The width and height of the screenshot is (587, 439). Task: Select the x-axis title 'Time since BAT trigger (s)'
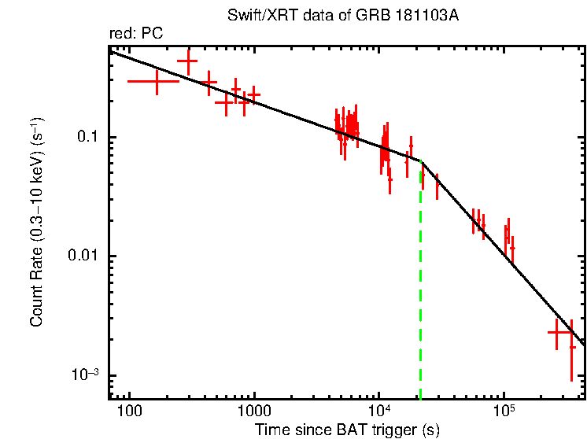click(x=346, y=430)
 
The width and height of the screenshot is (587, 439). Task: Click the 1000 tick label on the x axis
click(x=254, y=411)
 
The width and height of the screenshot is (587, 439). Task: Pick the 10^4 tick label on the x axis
click(x=380, y=410)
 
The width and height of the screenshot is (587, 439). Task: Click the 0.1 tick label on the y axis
click(x=86, y=138)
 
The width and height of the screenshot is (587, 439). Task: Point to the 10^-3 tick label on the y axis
click(x=82, y=374)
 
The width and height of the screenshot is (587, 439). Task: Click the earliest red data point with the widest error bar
click(x=154, y=81)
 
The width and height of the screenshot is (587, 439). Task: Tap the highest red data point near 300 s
click(x=188, y=61)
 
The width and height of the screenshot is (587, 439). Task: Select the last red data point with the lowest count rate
click(x=572, y=347)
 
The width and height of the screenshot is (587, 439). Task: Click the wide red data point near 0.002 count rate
click(x=559, y=334)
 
